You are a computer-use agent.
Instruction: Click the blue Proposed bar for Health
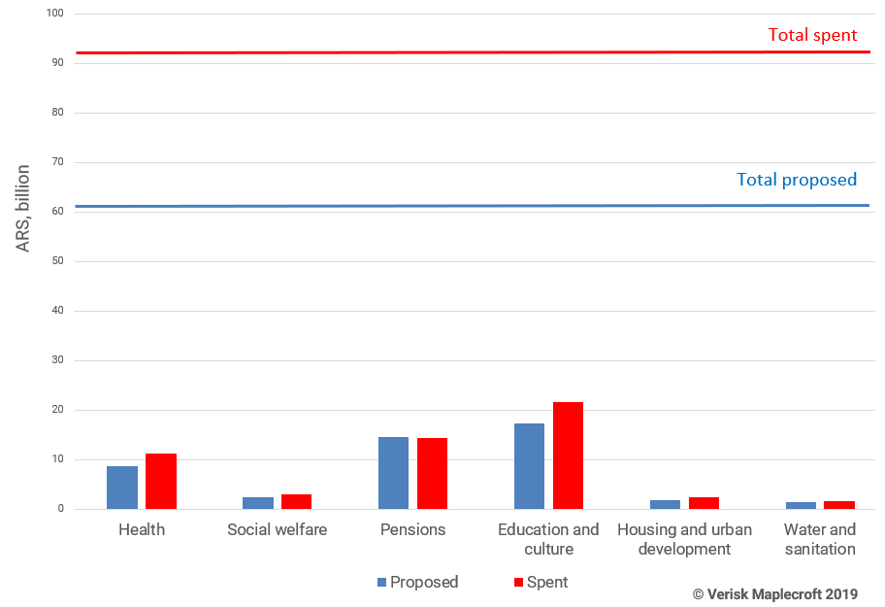pos(122,488)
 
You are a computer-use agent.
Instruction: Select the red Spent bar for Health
pos(161,482)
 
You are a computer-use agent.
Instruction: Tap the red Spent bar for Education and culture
pos(568,455)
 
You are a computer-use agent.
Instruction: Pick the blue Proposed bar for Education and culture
pos(529,466)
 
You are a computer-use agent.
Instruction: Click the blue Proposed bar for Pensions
pos(393,473)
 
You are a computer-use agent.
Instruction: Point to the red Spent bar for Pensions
pos(432,474)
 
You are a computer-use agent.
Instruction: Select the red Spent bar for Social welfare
pos(296,501)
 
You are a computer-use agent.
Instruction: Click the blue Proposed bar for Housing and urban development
pos(665,504)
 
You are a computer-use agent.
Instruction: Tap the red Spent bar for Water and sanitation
pos(839,504)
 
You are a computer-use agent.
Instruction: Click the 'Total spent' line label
pos(812,35)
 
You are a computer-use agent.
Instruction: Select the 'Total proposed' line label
pos(797,180)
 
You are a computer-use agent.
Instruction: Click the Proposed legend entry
pos(417,583)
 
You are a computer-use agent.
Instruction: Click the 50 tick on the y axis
pos(56,261)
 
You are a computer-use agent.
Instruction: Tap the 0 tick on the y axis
pos(60,509)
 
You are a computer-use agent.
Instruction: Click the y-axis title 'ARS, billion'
pos(22,209)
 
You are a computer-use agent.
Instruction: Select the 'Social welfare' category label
pos(277,530)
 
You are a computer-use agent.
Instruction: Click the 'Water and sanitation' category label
pos(820,539)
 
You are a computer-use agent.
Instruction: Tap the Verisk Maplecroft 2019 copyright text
pos(774,593)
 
